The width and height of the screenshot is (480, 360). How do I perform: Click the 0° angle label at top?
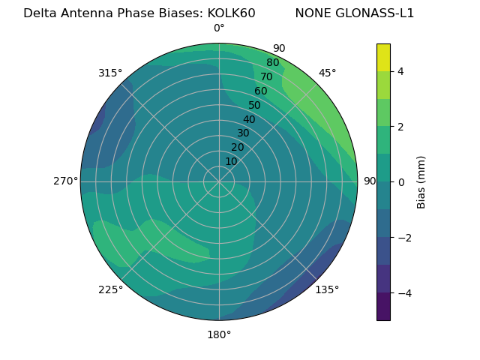pos(219,28)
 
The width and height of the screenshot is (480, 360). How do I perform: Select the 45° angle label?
pos(327,73)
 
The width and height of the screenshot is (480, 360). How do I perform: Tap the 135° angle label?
pos(327,289)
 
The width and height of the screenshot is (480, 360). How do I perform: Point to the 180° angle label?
pos(219,334)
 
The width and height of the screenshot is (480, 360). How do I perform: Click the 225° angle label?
pos(110,290)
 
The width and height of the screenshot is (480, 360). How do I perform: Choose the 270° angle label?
pos(66,181)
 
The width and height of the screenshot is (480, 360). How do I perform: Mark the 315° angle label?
pos(110,73)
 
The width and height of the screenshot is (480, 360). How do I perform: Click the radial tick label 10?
pos(231,161)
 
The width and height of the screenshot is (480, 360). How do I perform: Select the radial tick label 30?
pos(243,133)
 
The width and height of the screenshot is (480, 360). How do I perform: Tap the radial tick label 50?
pos(255,106)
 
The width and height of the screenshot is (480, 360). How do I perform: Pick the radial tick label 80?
pos(272,63)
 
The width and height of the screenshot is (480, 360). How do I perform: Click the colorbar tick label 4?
pos(400,71)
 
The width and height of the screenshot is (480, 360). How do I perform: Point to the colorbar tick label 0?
pos(400,182)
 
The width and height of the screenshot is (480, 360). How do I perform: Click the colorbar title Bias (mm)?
pos(421,181)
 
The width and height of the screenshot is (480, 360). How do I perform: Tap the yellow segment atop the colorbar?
pos(383,57)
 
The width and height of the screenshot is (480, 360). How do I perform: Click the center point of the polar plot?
pos(219,181)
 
